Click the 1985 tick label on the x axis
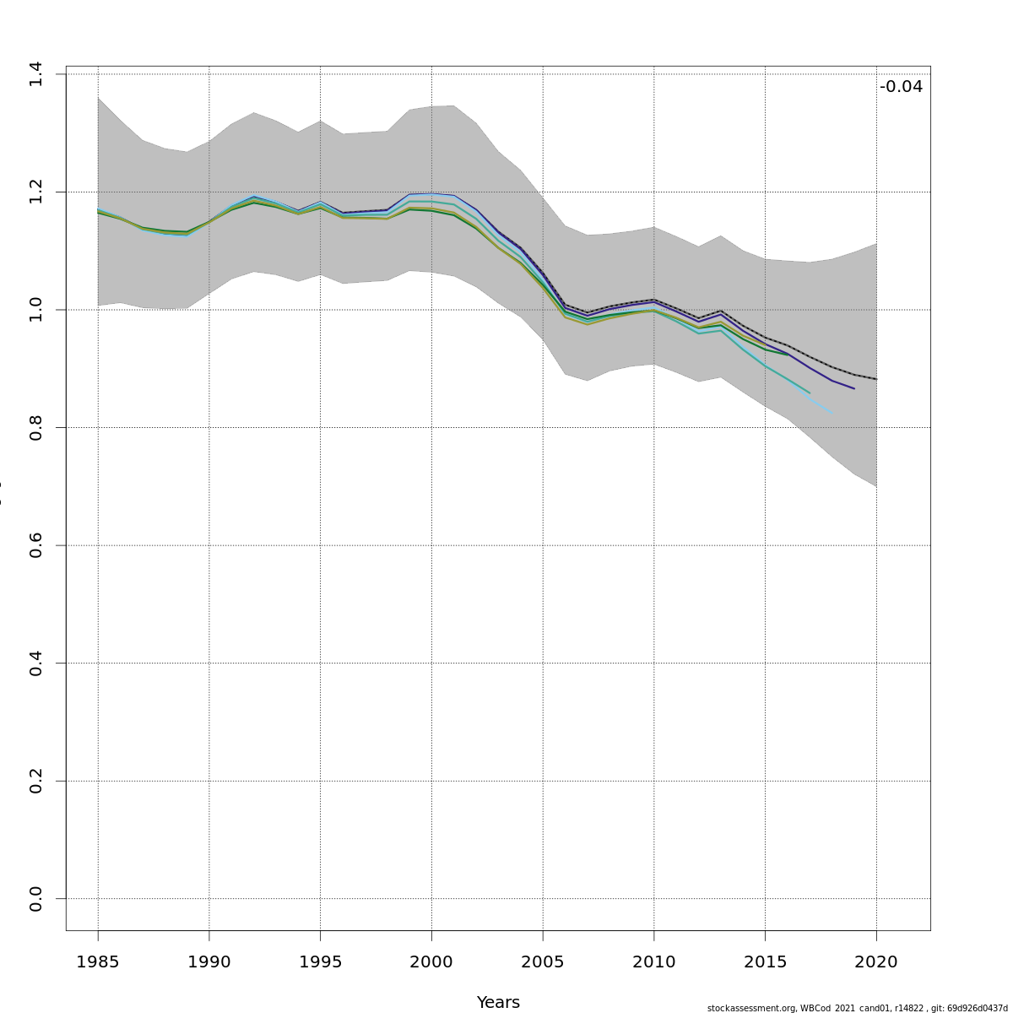click(x=98, y=962)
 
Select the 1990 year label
click(x=209, y=962)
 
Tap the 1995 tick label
click(x=320, y=962)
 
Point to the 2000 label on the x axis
click(x=431, y=962)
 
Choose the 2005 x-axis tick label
click(x=543, y=962)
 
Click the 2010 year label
click(x=654, y=962)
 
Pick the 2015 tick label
click(x=766, y=962)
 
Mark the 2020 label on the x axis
click(x=876, y=962)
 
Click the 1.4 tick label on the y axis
click(x=35, y=74)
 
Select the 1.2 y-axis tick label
click(x=35, y=192)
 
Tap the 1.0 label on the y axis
click(x=35, y=310)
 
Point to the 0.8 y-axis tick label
click(x=35, y=427)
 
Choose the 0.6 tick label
click(x=35, y=545)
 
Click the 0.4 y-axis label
click(x=35, y=663)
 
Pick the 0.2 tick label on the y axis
click(x=35, y=781)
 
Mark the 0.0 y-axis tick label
click(x=35, y=898)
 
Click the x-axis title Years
click(x=498, y=1002)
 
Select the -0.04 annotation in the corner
click(x=901, y=87)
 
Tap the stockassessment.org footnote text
click(x=857, y=1008)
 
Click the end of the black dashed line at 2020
click(x=876, y=379)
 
